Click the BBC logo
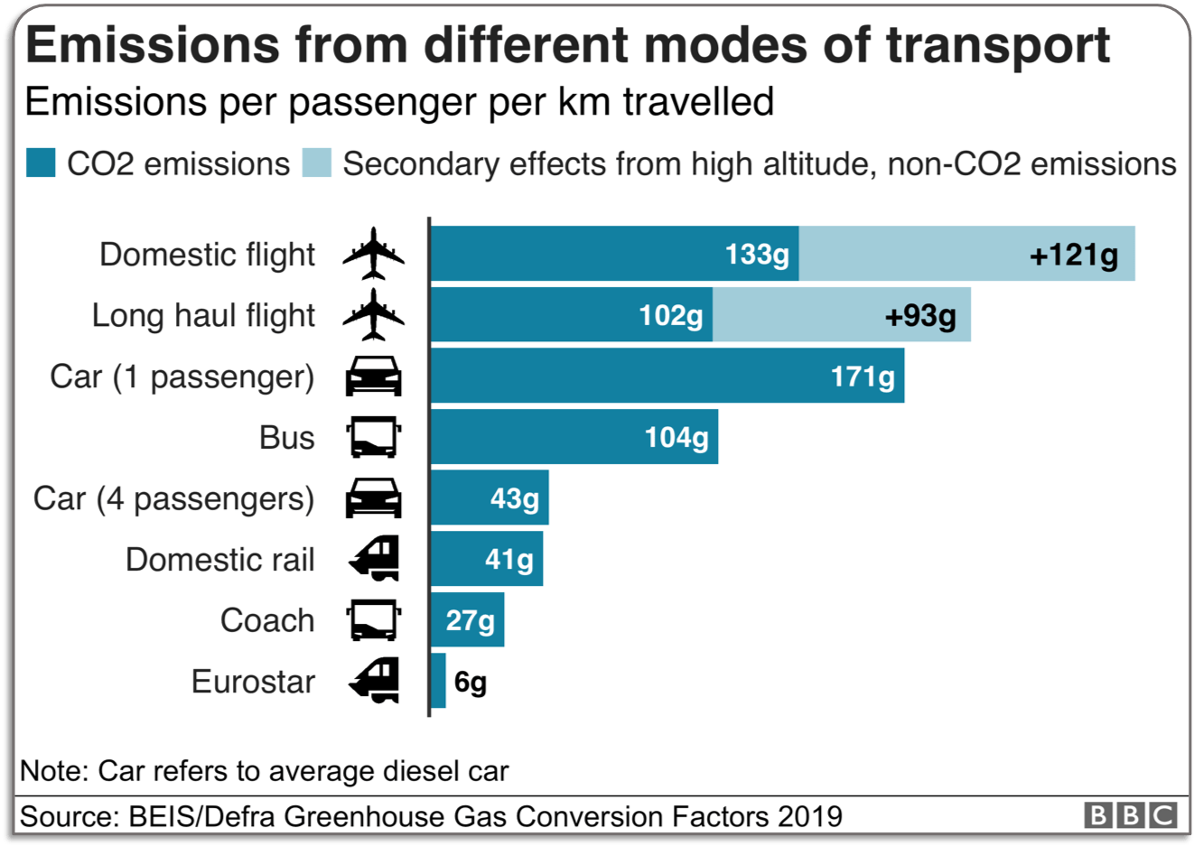(1130, 815)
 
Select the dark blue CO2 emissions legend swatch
(41, 163)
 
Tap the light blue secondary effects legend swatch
(316, 163)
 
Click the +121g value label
(1073, 255)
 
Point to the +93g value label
(919, 315)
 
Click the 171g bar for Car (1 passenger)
(667, 376)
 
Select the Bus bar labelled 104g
(574, 437)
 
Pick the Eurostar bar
(438, 681)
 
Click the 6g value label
(470, 682)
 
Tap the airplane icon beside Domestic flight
(373, 254)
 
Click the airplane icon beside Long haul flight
(373, 315)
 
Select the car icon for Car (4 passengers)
(373, 498)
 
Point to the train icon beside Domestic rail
(374, 559)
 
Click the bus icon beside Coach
(373, 620)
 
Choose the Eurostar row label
(253, 682)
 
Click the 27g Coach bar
(467, 620)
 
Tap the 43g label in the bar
(514, 498)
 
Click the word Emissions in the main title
(153, 45)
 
